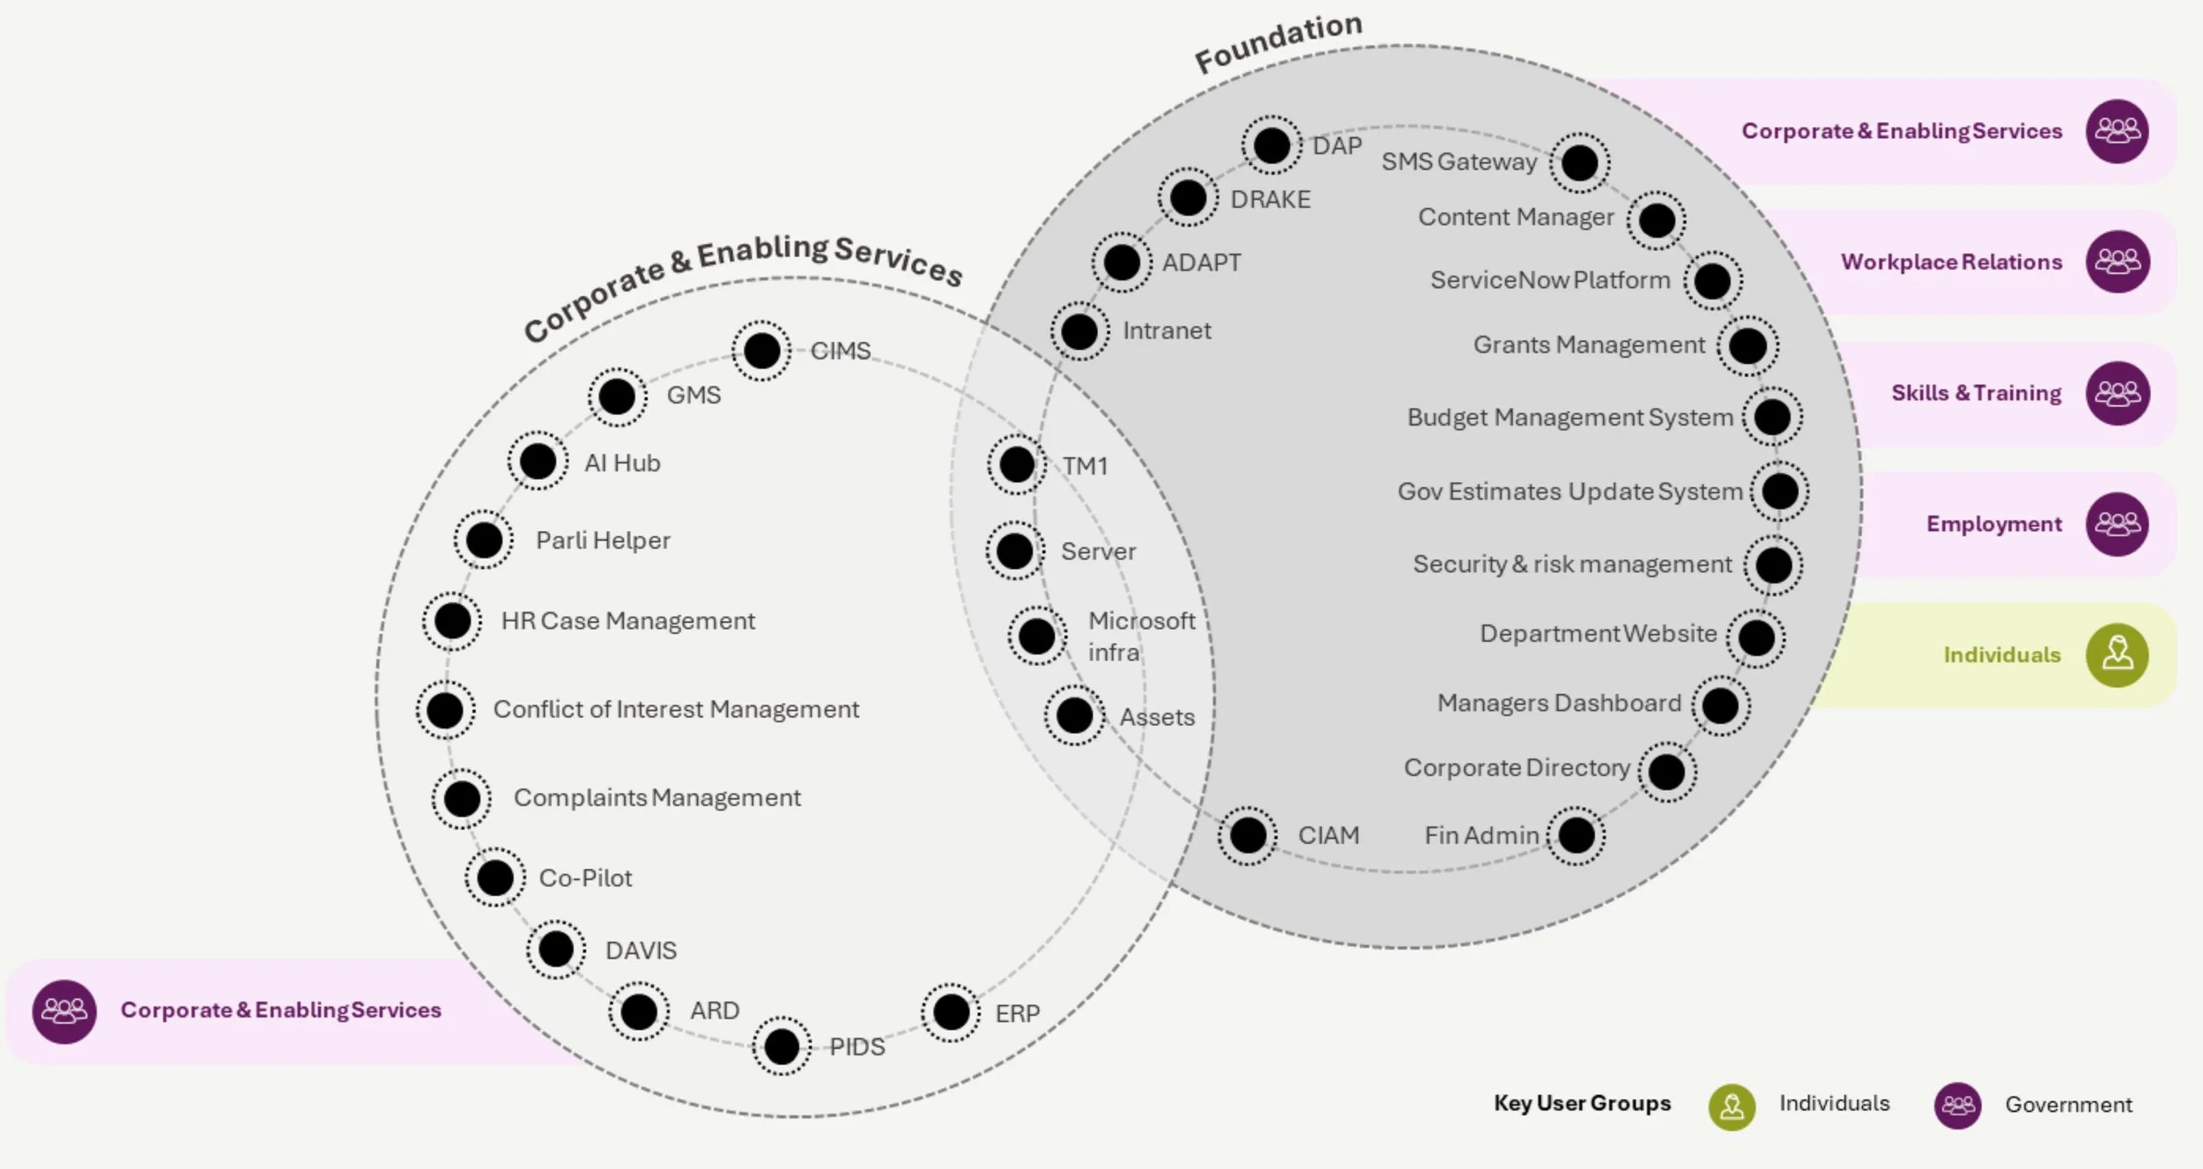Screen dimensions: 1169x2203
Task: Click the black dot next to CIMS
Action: coord(761,351)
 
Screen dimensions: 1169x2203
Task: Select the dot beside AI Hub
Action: coord(538,461)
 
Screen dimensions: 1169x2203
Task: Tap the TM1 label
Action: coord(1084,466)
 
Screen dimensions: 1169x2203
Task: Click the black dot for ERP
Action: coord(951,1012)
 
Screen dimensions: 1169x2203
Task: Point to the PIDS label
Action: coord(857,1047)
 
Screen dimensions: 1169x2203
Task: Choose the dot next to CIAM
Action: coord(1248,835)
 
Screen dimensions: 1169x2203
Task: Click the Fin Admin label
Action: coord(1481,835)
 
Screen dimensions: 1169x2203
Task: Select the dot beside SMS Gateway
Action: coord(1579,163)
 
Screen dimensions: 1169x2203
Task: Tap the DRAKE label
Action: coord(1270,200)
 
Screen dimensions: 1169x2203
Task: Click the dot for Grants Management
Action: coord(1747,345)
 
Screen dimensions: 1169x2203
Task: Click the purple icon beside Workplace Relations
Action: coord(2117,262)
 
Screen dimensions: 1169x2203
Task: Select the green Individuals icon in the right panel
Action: coord(2117,655)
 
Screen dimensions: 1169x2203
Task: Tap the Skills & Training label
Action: coord(1976,393)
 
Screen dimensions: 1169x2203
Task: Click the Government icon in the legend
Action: coord(1957,1105)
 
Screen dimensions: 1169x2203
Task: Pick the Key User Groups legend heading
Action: coord(1582,1103)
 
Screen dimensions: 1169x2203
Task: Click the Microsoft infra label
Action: coord(1140,636)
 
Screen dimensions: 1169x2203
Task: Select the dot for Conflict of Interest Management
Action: coord(445,710)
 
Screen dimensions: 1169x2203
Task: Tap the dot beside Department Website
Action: coord(1755,638)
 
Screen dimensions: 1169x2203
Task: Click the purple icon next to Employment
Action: coord(2117,524)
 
